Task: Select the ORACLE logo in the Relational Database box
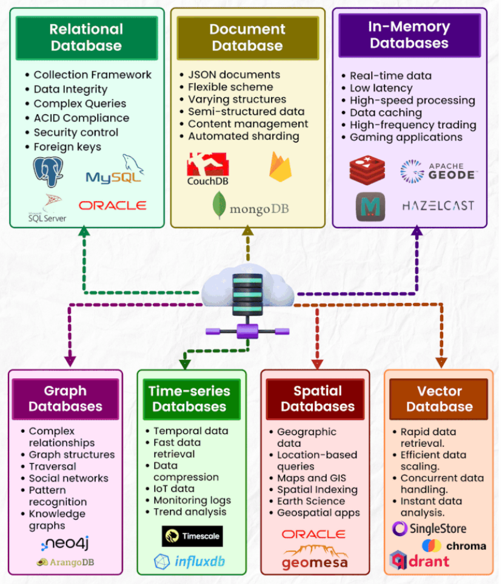coord(112,206)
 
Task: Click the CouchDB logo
coord(208,170)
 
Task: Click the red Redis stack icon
coord(367,170)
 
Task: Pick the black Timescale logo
coord(192,536)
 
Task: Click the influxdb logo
coord(189,561)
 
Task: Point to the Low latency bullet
coord(381,88)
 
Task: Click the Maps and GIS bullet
coord(312,478)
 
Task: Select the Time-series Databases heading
coord(189,399)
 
